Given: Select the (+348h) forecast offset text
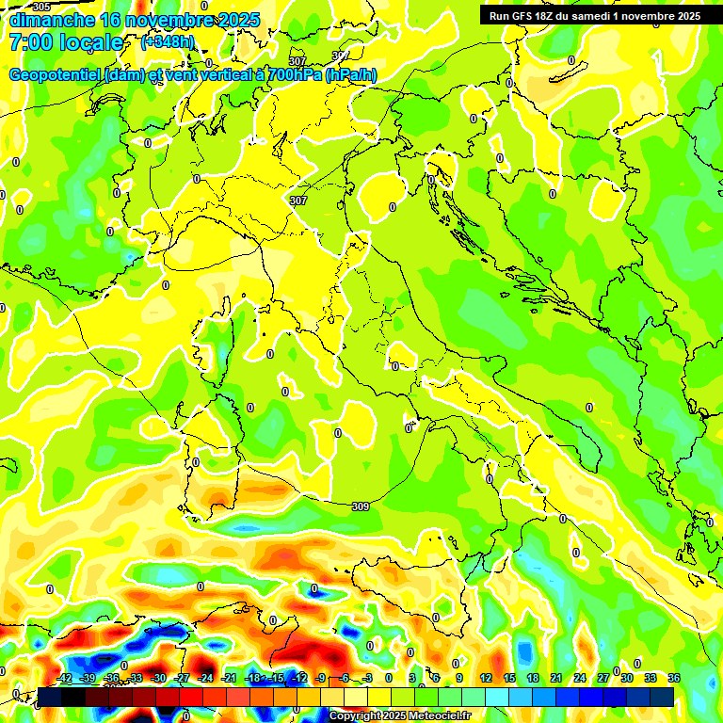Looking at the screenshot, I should [169, 42].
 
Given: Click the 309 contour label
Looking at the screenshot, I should [360, 506].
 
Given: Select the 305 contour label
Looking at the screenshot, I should [40, 7].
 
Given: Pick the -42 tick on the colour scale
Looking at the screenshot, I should [64, 678].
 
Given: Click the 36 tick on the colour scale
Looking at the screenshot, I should [674, 678].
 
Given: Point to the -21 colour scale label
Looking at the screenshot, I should [230, 678].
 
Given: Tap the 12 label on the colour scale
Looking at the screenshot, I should [485, 678].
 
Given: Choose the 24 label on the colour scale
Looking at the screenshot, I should [580, 678].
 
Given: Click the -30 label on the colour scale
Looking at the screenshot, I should [159, 678].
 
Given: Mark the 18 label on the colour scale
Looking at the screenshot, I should [532, 678].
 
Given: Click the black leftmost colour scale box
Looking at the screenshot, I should [50, 697].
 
